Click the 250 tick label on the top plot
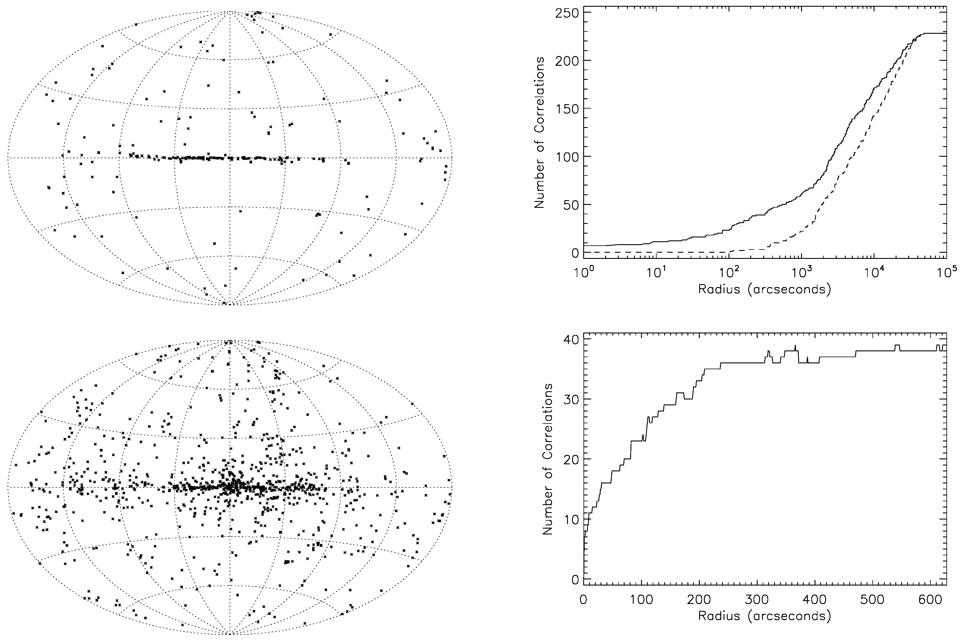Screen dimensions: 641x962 tap(566, 13)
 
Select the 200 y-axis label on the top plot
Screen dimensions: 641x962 tap(566, 61)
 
